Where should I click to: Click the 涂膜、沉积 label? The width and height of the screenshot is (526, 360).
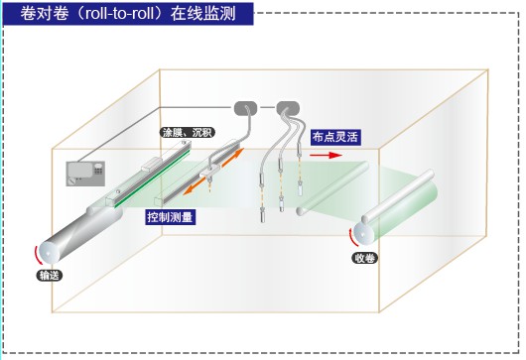point(188,133)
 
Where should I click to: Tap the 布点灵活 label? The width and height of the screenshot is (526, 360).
point(335,137)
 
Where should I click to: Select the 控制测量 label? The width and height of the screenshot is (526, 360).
point(170,217)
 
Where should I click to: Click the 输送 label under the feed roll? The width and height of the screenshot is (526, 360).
point(50,276)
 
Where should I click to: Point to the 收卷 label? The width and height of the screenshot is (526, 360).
point(364,258)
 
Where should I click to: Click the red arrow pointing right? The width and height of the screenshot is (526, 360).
point(326,155)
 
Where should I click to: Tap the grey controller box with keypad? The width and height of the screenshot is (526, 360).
point(85,174)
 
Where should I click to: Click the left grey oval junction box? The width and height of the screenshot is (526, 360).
point(245,108)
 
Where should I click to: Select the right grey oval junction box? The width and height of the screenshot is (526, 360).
point(288,108)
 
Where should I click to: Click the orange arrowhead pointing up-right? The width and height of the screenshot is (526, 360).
point(238,153)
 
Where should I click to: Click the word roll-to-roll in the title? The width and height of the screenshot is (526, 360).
point(120,14)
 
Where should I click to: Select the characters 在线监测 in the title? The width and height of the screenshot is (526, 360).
point(203,14)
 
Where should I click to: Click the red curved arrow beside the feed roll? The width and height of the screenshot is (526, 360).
point(38,256)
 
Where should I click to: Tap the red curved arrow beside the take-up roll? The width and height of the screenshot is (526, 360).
point(352,237)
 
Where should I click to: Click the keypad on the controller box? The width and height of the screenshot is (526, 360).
point(98,171)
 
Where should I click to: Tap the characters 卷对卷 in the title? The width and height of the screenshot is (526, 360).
point(45,14)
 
